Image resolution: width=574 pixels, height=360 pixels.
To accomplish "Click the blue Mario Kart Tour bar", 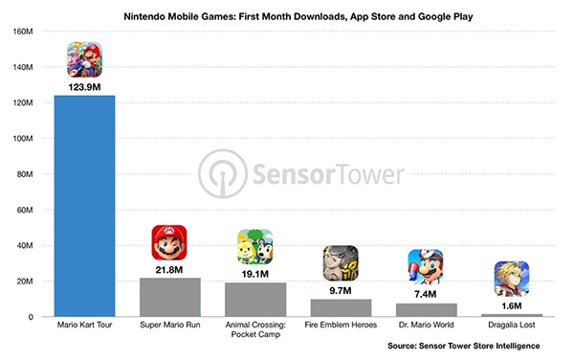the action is point(84,206).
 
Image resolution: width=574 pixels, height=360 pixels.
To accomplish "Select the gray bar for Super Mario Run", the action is point(170,297).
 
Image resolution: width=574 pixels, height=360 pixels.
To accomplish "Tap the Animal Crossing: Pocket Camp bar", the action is point(255,300).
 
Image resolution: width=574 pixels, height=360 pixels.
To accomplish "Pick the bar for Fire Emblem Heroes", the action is point(341,308).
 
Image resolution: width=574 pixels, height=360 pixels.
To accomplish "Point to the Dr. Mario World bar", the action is point(427,310).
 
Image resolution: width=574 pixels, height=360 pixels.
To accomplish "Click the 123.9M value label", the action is point(84,87).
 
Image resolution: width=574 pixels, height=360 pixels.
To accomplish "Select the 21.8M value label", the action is point(169,270).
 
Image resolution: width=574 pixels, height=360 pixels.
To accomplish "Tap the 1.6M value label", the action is point(512,305).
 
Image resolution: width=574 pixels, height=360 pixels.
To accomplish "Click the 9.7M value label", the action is point(341,291).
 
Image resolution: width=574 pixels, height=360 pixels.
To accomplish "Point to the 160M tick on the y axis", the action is point(23,32).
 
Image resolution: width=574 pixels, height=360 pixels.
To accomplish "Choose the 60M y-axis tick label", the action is point(25,210).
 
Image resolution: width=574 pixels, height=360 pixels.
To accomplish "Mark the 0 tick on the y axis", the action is point(31,317).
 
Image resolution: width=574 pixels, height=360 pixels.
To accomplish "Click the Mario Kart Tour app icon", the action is point(84,59).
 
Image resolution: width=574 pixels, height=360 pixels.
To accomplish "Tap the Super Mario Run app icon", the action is point(169,242).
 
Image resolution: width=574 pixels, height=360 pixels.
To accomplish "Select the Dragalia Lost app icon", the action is point(512,279).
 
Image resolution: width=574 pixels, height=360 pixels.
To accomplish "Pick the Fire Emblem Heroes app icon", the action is point(341,263).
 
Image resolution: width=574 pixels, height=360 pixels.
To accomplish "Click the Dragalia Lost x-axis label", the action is point(512,325).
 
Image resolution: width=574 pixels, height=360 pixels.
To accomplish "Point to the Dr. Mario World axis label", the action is point(427,325).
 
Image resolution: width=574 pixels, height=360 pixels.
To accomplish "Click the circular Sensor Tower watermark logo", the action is point(223,174).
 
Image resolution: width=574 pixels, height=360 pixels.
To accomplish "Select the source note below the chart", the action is point(464,346).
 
